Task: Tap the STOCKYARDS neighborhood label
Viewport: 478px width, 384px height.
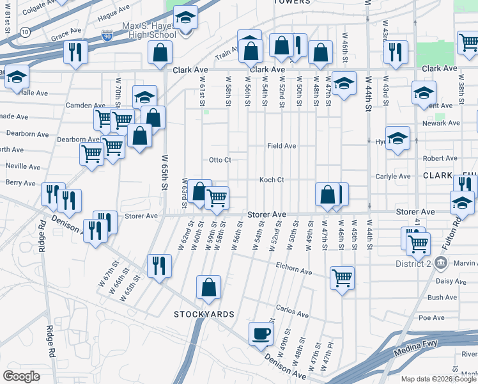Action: [x=204, y=314]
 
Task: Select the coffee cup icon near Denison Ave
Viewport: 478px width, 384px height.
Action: [x=260, y=333]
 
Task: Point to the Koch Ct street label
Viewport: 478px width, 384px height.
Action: [x=272, y=180]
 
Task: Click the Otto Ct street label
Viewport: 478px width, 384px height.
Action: [x=220, y=159]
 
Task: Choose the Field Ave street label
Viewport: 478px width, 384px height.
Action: [x=281, y=146]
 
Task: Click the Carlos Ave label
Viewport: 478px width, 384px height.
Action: [x=292, y=312]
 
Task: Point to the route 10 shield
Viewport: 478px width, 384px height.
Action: [x=24, y=31]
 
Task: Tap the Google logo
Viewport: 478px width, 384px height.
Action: [x=21, y=376]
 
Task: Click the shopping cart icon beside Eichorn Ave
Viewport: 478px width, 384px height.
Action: [x=343, y=277]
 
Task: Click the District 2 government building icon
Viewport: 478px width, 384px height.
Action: [x=440, y=263]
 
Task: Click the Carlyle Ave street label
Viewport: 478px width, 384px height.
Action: [x=393, y=176]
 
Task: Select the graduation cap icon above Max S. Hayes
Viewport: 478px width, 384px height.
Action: [x=185, y=17]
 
